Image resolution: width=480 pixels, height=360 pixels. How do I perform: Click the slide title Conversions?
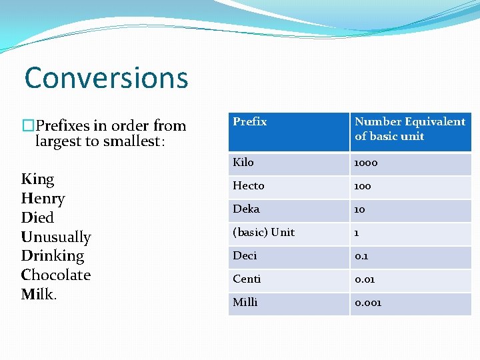click(x=106, y=78)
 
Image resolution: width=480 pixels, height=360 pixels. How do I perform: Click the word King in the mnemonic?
click(x=38, y=180)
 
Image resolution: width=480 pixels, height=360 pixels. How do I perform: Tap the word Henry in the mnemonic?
click(x=43, y=199)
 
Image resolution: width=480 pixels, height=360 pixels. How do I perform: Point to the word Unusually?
click(x=56, y=237)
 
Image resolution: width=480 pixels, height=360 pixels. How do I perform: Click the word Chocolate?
click(x=56, y=275)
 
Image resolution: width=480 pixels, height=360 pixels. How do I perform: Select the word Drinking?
click(x=53, y=256)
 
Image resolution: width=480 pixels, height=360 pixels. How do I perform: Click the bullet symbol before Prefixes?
click(x=29, y=125)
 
